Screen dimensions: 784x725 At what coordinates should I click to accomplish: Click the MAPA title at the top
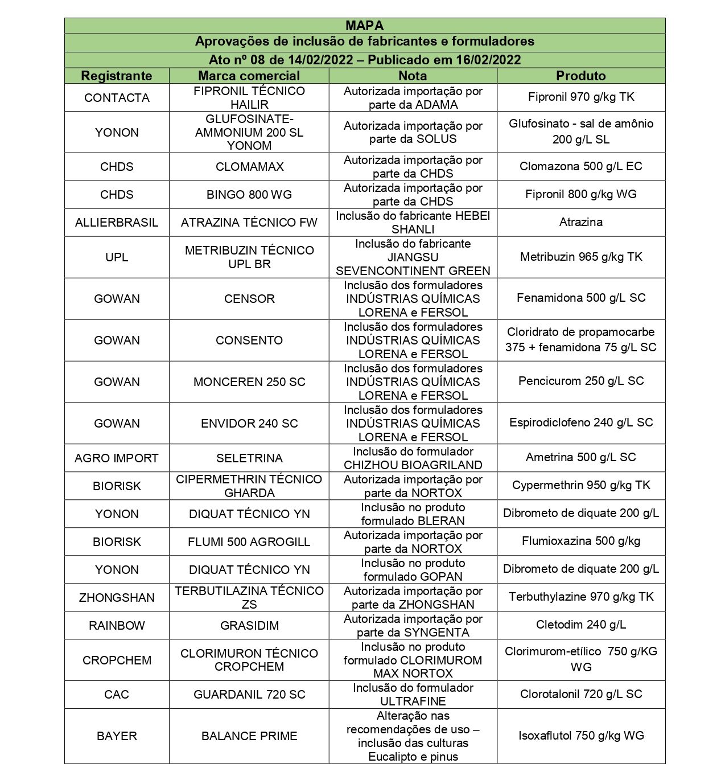click(x=364, y=26)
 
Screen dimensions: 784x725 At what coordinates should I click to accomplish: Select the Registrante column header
click(x=117, y=76)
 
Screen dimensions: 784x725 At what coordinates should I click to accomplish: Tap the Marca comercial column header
click(x=249, y=76)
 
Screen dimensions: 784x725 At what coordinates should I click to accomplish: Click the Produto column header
click(x=580, y=76)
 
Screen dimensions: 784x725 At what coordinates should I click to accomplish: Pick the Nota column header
click(x=413, y=76)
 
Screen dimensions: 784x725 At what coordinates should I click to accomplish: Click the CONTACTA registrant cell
click(x=117, y=98)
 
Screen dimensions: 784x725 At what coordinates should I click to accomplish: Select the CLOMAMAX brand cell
click(x=249, y=167)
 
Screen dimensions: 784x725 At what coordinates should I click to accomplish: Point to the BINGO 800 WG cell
click(x=249, y=195)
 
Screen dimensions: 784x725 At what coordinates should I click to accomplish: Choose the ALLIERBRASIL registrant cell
click(x=117, y=223)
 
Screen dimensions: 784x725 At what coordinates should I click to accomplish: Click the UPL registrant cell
click(x=117, y=257)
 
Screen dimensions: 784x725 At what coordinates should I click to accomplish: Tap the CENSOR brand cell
click(x=249, y=299)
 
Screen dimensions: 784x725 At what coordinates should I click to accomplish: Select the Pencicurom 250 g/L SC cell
click(x=581, y=381)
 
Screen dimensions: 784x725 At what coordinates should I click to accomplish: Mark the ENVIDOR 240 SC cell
click(x=249, y=424)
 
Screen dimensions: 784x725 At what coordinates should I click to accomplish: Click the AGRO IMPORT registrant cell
click(x=117, y=458)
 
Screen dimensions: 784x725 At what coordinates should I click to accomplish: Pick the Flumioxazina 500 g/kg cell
click(x=581, y=541)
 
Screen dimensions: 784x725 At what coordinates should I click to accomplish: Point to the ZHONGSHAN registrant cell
click(x=117, y=598)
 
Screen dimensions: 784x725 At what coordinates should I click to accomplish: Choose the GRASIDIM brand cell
click(x=249, y=626)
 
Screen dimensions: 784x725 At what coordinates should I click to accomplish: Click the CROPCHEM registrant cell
click(x=117, y=660)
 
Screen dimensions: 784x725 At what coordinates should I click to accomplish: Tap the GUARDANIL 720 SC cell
click(x=249, y=695)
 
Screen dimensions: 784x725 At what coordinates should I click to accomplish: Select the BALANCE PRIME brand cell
click(x=249, y=736)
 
